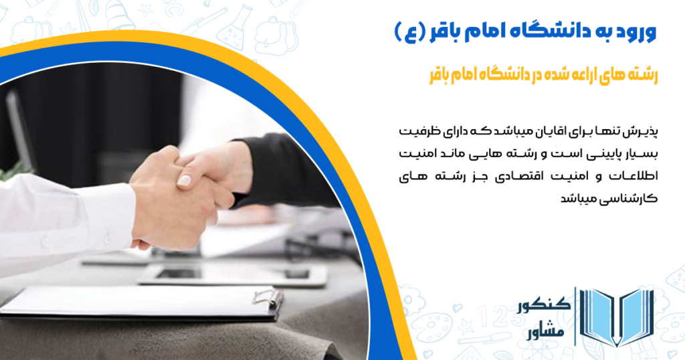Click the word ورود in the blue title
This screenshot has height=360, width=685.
pyautogui.click(x=635, y=31)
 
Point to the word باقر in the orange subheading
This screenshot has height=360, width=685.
pyautogui.click(x=440, y=75)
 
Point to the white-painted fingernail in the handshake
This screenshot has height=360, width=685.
pyautogui.click(x=184, y=180)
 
